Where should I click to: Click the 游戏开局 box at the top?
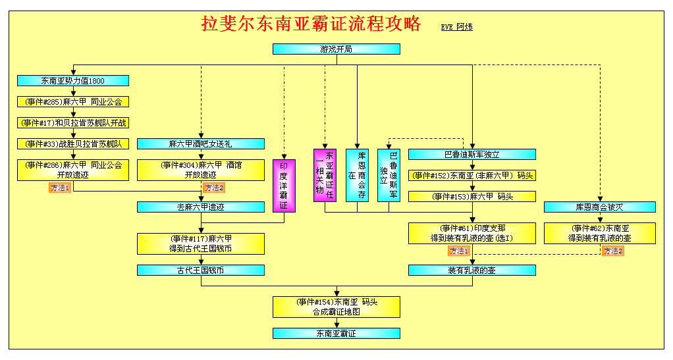(336, 49)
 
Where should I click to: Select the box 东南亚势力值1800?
(73, 81)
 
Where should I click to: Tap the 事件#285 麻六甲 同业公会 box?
(73, 102)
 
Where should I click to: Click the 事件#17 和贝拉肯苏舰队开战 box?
(73, 122)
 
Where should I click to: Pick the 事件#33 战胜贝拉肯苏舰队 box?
(73, 143)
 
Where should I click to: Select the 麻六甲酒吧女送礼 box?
(201, 143)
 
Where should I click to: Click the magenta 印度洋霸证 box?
(284, 186)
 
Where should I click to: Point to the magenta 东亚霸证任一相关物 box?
(325, 175)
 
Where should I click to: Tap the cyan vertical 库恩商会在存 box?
(357, 175)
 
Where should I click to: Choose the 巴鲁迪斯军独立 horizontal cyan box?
(472, 155)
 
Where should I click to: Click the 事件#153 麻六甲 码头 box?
(472, 197)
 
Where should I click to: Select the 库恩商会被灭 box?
(600, 207)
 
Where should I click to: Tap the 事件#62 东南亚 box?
(600, 234)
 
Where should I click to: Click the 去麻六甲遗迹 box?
(201, 207)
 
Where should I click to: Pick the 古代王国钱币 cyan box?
(201, 270)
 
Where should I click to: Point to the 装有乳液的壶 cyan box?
(472, 270)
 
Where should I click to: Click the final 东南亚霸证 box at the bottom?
(336, 334)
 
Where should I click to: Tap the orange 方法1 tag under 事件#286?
(60, 188)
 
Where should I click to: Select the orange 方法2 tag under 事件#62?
(613, 251)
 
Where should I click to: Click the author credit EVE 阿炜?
(457, 26)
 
